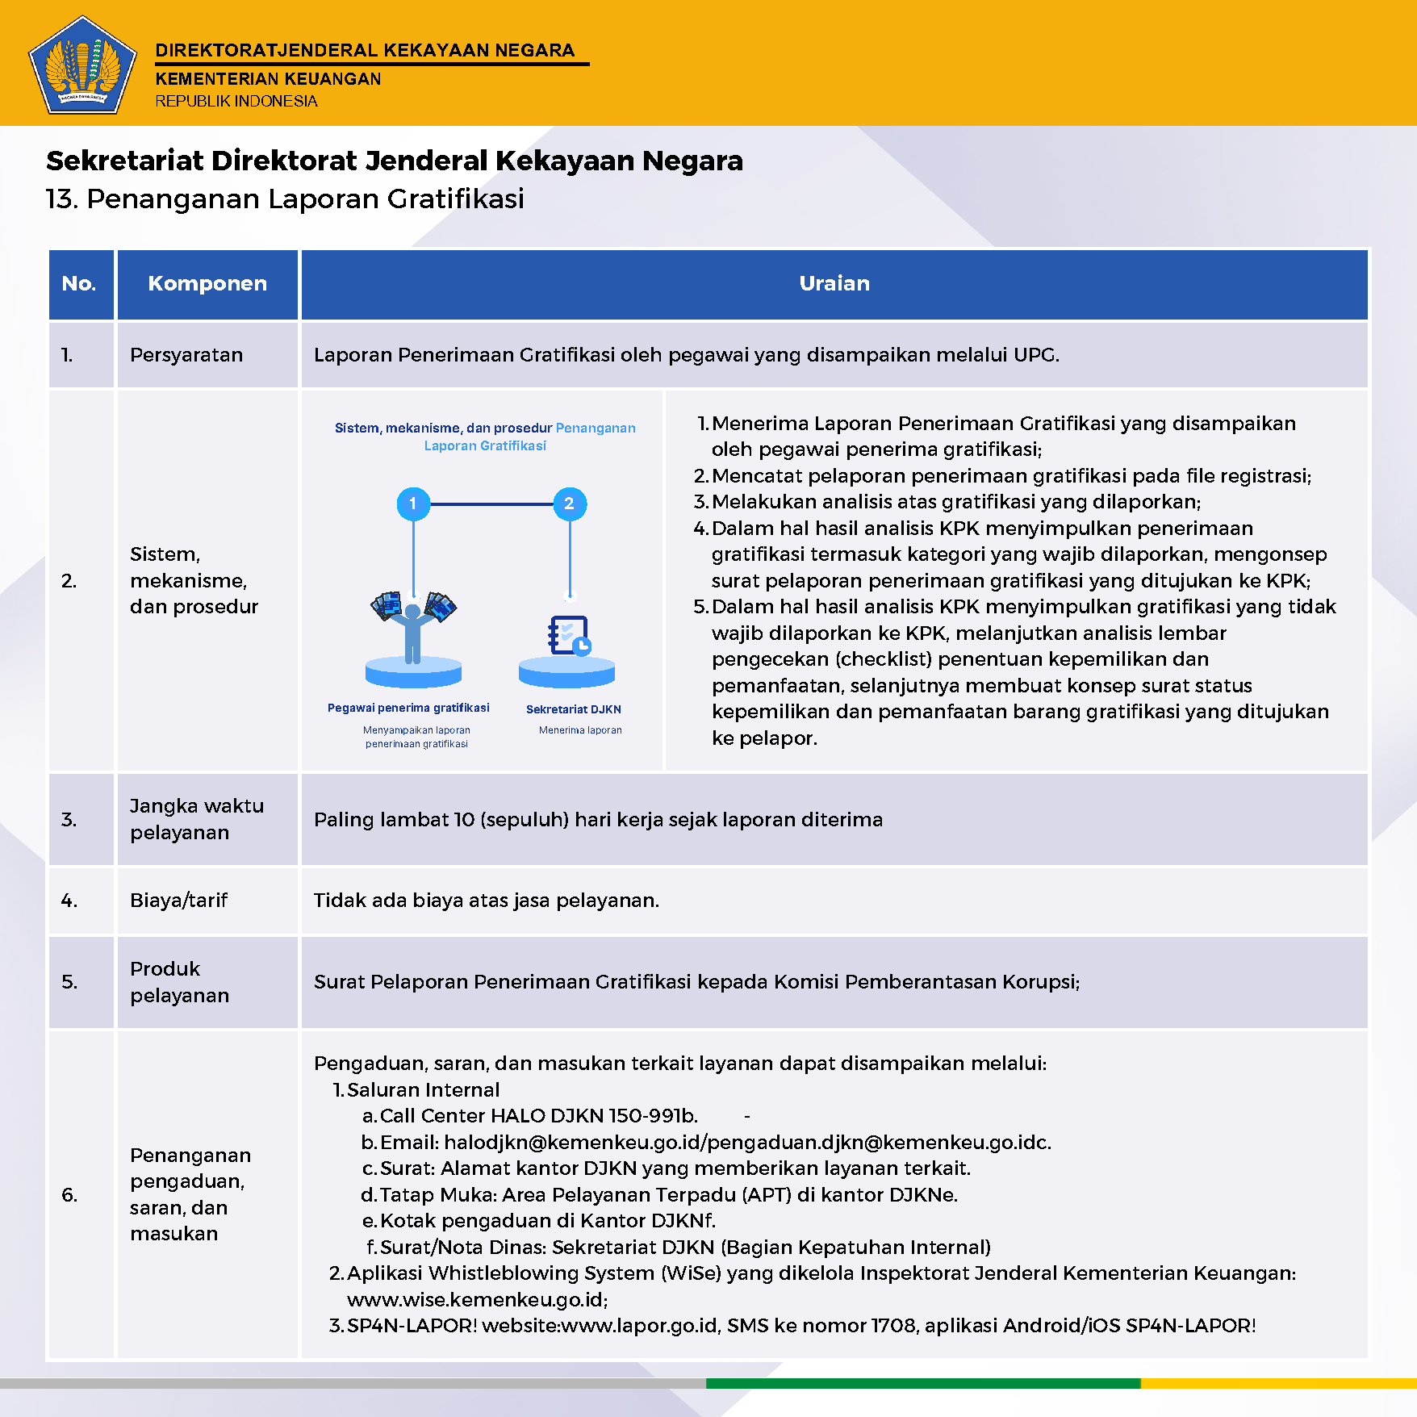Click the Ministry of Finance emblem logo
(x=82, y=65)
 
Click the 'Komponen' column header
(x=207, y=283)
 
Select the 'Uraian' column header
(x=834, y=283)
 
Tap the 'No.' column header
(x=79, y=283)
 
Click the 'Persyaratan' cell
(x=186, y=355)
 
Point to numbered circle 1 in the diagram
(x=413, y=504)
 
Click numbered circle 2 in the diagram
(x=570, y=504)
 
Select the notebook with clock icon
(x=569, y=636)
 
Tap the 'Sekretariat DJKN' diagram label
(x=574, y=709)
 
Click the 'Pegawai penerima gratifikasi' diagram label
(x=408, y=708)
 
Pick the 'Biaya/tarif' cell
(x=179, y=900)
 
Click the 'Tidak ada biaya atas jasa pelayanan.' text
(x=487, y=900)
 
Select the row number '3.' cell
(x=69, y=820)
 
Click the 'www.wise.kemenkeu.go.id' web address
(x=476, y=1299)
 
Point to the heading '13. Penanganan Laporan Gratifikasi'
(x=285, y=199)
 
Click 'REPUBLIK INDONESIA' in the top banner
(x=236, y=101)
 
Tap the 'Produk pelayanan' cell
(x=179, y=981)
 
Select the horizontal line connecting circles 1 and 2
(x=491, y=504)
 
